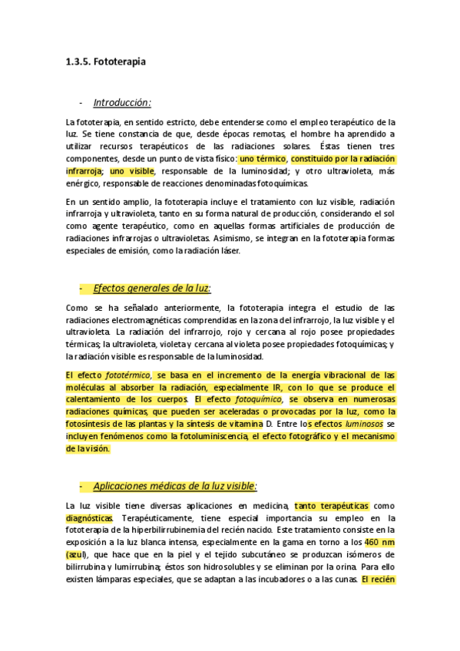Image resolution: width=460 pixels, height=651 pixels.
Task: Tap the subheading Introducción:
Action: click(122, 103)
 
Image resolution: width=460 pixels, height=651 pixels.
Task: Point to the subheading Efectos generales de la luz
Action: click(151, 288)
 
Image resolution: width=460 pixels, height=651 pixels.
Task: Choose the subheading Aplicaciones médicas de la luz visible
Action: click(174, 486)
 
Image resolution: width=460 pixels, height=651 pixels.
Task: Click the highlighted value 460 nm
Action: click(379, 542)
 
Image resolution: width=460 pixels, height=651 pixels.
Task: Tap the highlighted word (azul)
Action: click(75, 554)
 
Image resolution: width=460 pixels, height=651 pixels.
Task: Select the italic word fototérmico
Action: click(129, 375)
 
